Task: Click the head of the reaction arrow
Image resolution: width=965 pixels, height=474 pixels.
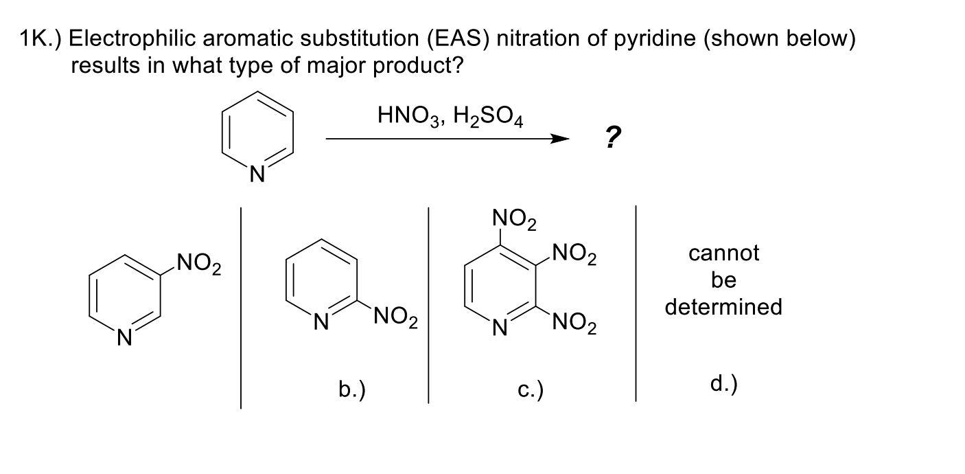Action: click(560, 139)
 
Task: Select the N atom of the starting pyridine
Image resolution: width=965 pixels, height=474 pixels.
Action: click(256, 177)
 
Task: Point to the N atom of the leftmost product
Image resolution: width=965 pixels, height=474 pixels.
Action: click(123, 337)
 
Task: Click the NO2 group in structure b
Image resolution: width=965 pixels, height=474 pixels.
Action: click(396, 319)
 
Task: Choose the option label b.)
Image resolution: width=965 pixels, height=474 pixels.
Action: click(351, 390)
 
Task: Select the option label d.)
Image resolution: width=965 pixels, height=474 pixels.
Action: click(723, 384)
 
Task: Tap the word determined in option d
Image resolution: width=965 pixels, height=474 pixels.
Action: click(723, 306)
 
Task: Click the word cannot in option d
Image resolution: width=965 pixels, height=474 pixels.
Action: click(723, 253)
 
